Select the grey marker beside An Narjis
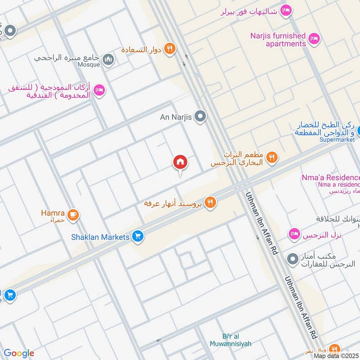(201, 117)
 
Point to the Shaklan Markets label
(100, 237)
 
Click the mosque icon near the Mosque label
(108, 59)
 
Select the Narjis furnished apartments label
(279, 40)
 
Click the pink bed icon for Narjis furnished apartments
(314, 40)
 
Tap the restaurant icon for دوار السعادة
(170, 49)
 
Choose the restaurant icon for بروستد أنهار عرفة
(210, 203)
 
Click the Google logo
(19, 353)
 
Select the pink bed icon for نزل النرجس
(294, 234)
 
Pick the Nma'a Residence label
(331, 178)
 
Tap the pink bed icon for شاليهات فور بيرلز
(285, 10)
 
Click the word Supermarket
(337, 139)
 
